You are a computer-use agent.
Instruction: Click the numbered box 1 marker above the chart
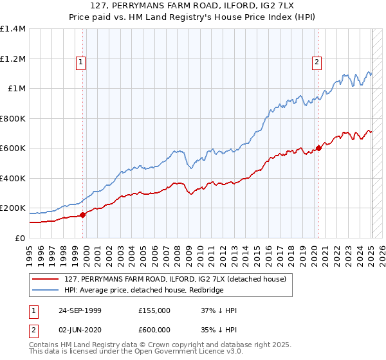click(x=81, y=62)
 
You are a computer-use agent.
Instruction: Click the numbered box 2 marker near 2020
click(x=317, y=62)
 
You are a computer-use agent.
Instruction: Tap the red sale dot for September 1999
click(x=83, y=215)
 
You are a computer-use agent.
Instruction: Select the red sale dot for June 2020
click(x=318, y=148)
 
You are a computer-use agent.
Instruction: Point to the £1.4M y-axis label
click(x=13, y=29)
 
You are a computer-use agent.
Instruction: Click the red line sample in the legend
click(x=46, y=278)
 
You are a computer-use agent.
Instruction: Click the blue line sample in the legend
click(x=46, y=290)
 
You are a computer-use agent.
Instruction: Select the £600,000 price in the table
click(x=154, y=328)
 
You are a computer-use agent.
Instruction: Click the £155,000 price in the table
click(x=154, y=310)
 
